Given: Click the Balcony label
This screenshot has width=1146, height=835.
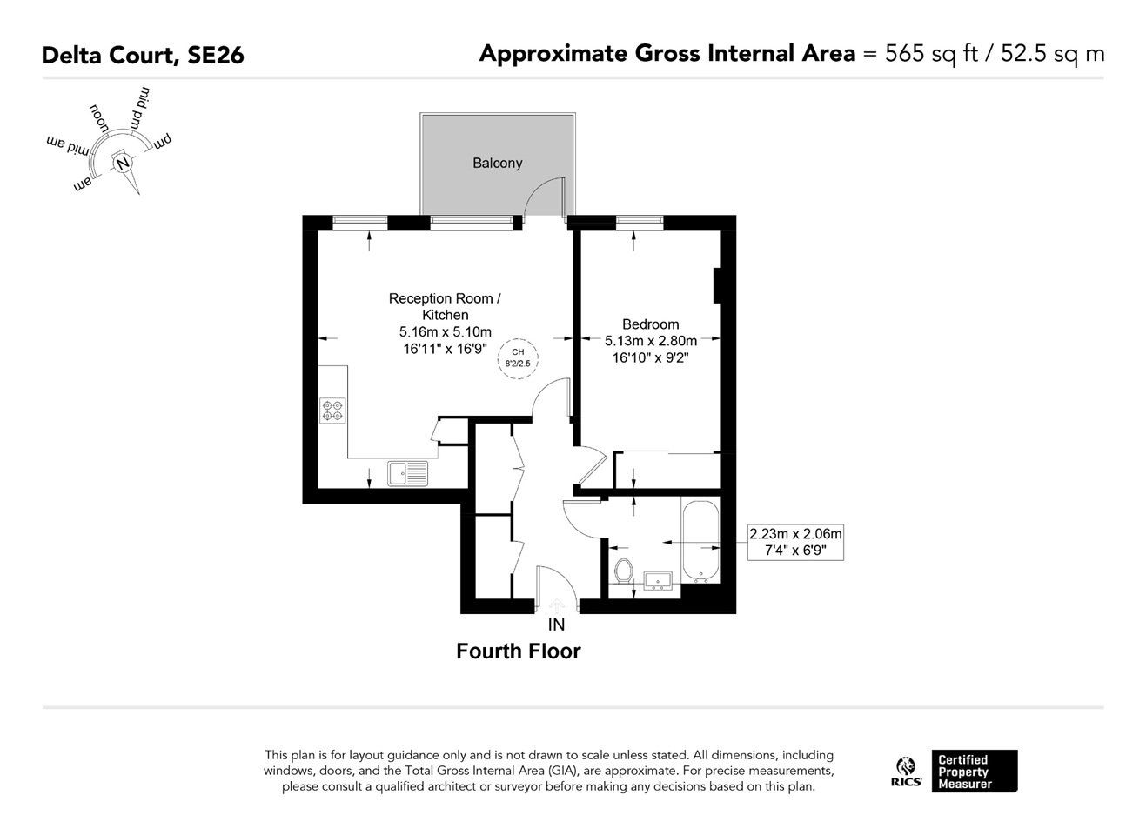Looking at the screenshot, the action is (x=497, y=164).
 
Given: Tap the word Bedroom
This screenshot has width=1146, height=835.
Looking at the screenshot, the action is (x=650, y=324).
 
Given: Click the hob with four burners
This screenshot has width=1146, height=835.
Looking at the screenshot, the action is (x=332, y=411).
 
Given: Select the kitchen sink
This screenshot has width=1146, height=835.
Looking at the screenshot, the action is (x=407, y=473).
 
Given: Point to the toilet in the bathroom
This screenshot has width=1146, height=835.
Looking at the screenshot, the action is (x=623, y=571).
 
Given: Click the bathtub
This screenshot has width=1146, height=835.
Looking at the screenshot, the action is (x=700, y=542).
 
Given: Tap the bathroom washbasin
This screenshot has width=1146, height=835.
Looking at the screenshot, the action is (x=658, y=581).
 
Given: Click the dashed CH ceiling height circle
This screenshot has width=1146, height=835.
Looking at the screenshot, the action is (x=518, y=358).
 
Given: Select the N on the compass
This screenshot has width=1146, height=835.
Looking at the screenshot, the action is (x=123, y=164).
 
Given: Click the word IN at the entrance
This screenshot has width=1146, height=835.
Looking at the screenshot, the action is (x=556, y=625).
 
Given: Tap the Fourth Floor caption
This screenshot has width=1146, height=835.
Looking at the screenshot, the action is (x=519, y=651).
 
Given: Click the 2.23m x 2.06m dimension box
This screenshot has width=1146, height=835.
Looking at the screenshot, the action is (x=795, y=542).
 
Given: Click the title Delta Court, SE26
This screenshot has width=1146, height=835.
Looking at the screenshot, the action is (x=143, y=55).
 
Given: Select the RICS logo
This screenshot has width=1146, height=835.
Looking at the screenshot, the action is (x=906, y=772).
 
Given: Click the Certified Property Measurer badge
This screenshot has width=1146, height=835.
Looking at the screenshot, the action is (x=974, y=772).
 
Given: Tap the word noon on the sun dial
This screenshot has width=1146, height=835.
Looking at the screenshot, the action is (x=98, y=118).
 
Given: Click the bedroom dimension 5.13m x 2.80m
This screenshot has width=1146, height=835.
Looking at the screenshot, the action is (x=651, y=341).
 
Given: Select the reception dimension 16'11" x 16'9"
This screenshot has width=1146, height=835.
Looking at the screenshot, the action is (x=446, y=349).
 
